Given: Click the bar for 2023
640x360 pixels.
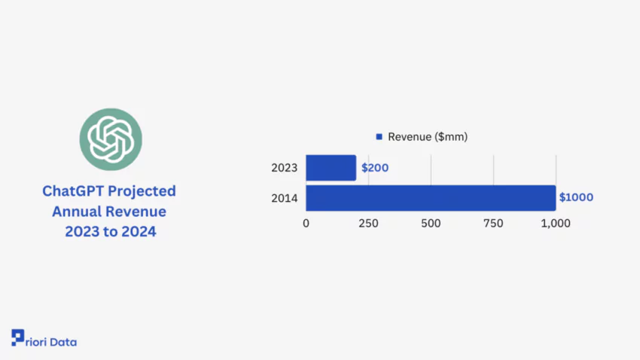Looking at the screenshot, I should (x=331, y=168).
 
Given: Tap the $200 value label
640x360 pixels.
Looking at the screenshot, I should (x=375, y=168).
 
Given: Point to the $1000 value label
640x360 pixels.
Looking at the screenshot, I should (x=576, y=197).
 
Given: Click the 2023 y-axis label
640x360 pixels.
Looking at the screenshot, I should (x=285, y=168).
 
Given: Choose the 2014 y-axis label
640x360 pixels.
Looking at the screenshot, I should (x=285, y=198).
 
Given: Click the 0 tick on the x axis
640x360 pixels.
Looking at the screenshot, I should (x=306, y=224).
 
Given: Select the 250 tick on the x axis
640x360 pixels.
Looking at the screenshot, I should (x=368, y=224).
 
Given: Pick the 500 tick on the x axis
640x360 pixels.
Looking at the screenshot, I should (x=431, y=224).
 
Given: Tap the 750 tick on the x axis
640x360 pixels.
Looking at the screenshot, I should (x=493, y=224).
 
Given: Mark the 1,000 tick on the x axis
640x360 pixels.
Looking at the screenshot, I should (x=555, y=224).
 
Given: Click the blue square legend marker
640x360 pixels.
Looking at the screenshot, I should (x=379, y=137).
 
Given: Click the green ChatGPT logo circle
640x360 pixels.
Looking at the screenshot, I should (x=111, y=139).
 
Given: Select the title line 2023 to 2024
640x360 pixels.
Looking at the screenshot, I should (x=110, y=232).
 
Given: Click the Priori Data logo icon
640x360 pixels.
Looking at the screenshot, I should (x=17, y=337).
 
